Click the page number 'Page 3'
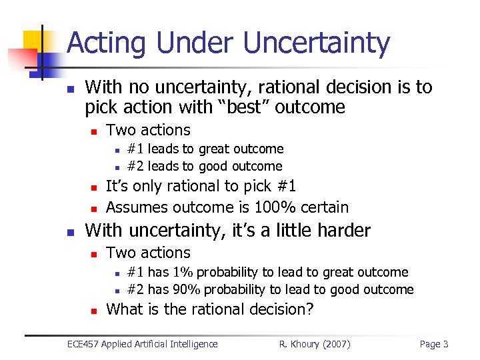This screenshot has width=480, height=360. (x=434, y=344)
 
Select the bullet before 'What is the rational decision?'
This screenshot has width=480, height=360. (x=94, y=311)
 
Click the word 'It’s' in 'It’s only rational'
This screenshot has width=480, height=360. (x=117, y=187)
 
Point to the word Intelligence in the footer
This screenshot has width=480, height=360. (x=193, y=344)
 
